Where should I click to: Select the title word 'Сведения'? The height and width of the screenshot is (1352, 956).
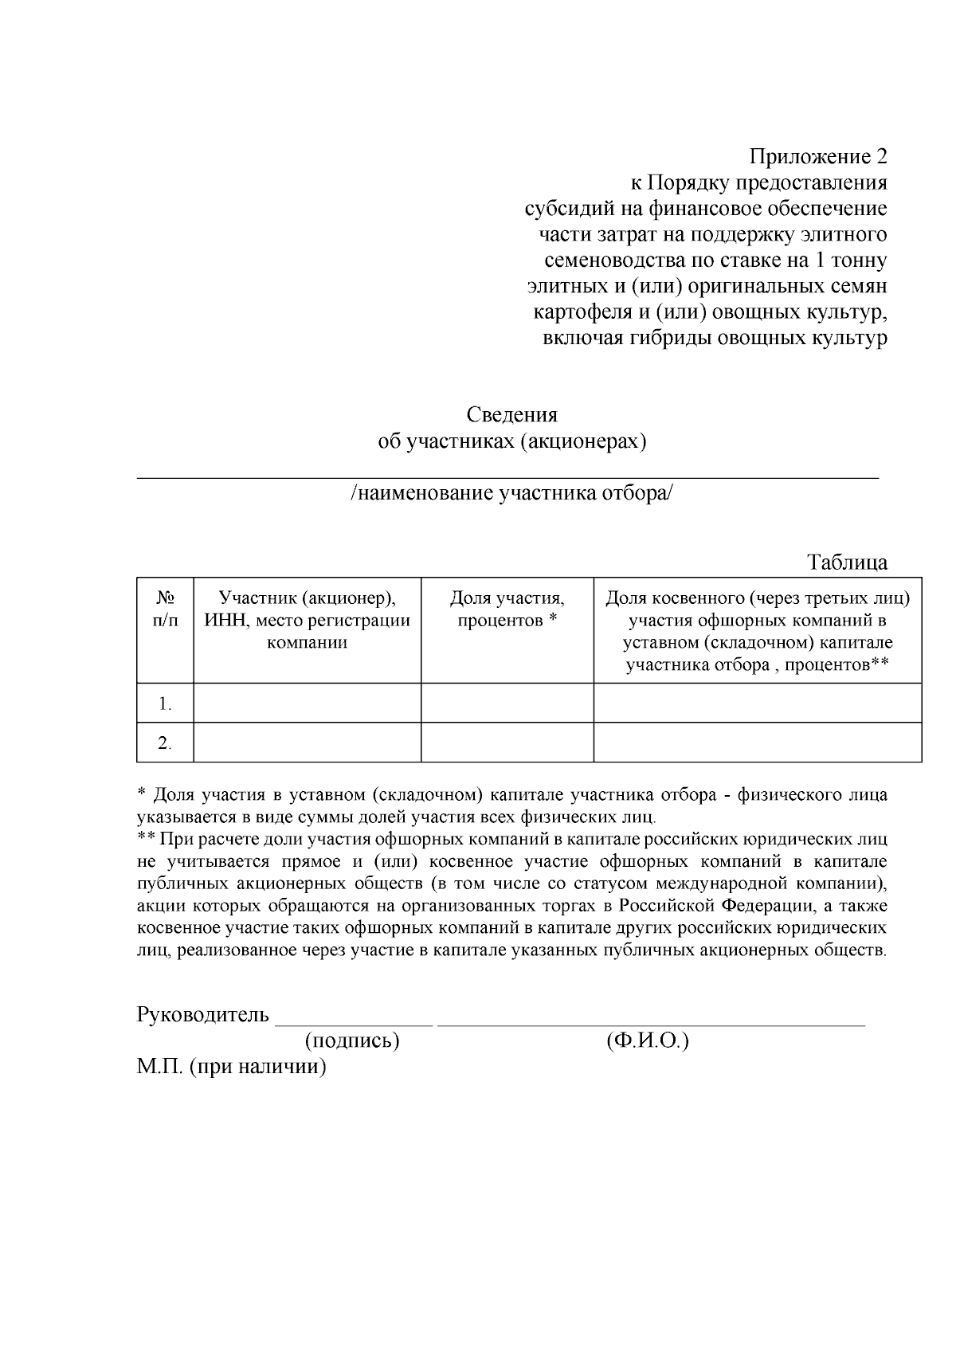[511, 415]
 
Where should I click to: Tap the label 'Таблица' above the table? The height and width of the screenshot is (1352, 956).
[847, 562]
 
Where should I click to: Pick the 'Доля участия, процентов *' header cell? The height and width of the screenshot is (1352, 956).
[507, 609]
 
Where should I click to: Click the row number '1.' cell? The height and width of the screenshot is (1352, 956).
[165, 703]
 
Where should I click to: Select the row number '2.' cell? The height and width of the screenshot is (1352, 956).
[165, 743]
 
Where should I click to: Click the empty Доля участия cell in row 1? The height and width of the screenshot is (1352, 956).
[507, 703]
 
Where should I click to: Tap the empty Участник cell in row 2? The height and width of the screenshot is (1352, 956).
[307, 743]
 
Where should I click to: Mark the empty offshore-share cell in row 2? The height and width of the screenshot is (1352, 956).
[757, 743]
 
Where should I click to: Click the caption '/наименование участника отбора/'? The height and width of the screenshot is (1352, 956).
[511, 494]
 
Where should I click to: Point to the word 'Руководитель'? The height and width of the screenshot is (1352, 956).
[203, 1015]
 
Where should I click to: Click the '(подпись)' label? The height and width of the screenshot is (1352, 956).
[351, 1040]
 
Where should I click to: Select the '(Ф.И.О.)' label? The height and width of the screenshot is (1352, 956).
[647, 1040]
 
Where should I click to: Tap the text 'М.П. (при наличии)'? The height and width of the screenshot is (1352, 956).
[232, 1067]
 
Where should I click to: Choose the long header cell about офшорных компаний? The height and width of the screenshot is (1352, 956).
[757, 631]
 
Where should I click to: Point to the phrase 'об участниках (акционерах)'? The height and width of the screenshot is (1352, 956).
[511, 441]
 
